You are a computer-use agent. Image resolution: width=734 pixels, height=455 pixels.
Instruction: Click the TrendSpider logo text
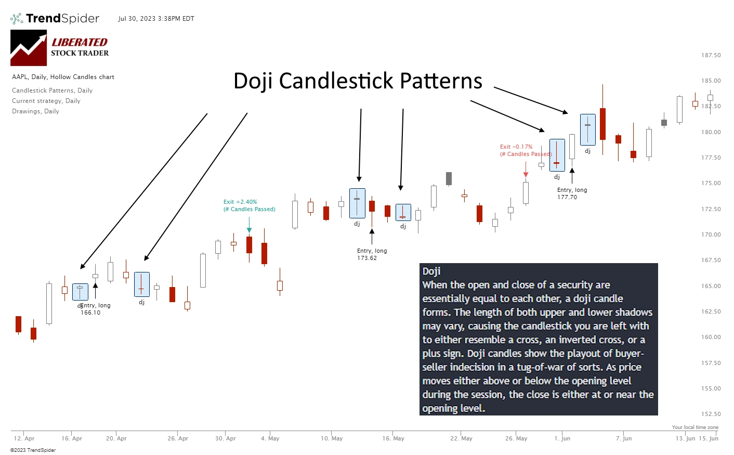[x=62, y=19]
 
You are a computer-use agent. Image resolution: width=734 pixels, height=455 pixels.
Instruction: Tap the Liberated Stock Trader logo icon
[x=29, y=47]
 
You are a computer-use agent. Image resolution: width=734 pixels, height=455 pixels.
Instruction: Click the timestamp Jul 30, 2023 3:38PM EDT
[x=156, y=19]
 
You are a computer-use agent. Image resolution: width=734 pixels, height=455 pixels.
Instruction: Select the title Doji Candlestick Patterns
[x=358, y=81]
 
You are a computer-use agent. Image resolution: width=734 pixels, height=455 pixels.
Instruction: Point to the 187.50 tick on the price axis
[x=711, y=55]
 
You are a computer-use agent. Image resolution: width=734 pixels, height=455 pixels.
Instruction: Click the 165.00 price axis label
[x=711, y=286]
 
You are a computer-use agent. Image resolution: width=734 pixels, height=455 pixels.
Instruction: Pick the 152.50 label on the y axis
[x=711, y=414]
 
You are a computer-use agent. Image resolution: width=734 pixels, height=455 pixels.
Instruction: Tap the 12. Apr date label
[x=24, y=438]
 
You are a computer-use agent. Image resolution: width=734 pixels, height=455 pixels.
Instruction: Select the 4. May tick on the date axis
[x=270, y=438]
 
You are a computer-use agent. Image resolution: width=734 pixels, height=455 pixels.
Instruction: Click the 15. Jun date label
[x=708, y=438]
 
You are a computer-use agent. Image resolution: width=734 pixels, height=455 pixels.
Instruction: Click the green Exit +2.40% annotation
[x=240, y=202]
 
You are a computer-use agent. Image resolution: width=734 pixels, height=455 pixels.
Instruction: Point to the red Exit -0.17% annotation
[x=516, y=147]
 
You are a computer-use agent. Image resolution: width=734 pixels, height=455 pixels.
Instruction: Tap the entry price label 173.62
[x=367, y=258]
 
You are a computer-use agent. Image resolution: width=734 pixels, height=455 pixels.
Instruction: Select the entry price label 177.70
[x=567, y=197]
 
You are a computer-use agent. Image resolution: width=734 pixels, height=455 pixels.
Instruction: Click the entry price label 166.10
[x=90, y=313]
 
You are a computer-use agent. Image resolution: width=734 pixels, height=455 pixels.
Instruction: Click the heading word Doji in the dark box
[x=431, y=271]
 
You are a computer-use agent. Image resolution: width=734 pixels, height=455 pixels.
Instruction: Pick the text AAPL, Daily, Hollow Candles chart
[x=63, y=77]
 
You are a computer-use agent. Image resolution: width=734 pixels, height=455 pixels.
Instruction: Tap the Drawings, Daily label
[x=35, y=111]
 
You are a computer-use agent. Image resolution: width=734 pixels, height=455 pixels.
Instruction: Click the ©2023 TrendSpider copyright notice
[x=33, y=450]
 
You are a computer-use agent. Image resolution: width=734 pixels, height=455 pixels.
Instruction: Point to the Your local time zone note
[x=695, y=427]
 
